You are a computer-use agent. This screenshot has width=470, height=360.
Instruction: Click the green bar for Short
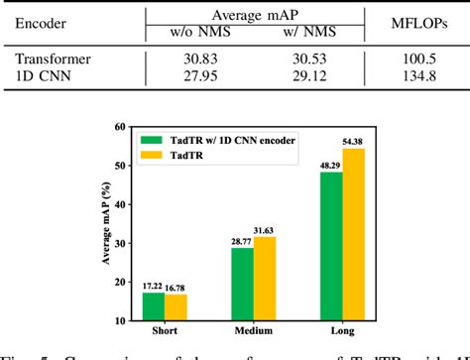[x=154, y=306]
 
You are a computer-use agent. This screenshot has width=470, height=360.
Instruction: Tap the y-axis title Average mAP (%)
[x=104, y=224]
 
